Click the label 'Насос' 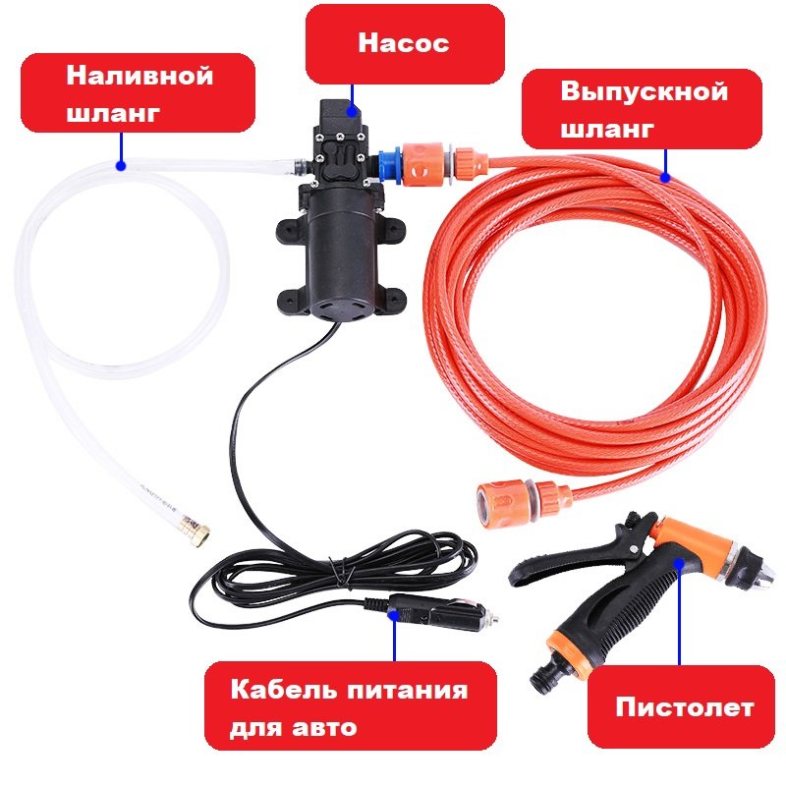404,44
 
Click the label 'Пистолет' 685,707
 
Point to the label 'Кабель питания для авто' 349,709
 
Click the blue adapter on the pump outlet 389,162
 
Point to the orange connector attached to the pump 425,163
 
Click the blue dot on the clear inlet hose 121,165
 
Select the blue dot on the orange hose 666,179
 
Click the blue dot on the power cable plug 394,616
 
